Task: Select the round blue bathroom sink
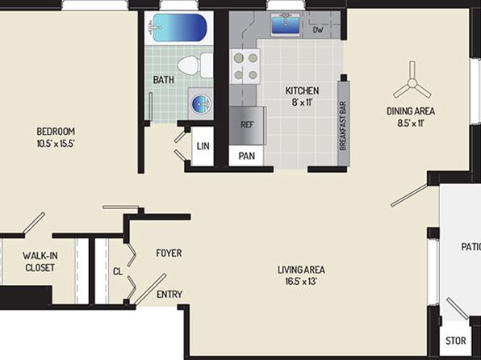tap(201, 103)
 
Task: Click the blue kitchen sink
tap(286, 24)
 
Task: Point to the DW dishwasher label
tap(318, 30)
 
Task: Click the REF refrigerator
tap(247, 125)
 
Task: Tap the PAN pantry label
tap(247, 156)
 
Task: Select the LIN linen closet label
tap(203, 146)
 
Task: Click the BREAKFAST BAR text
tap(343, 126)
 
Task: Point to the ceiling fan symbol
tap(412, 82)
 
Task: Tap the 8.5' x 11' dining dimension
tap(411, 123)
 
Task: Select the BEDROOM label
tap(56, 132)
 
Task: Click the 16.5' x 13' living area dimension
tap(301, 282)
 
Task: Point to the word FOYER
tap(169, 253)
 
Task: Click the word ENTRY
tap(169, 295)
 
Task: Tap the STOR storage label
tap(455, 341)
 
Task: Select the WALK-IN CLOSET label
tap(40, 262)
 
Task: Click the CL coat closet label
tap(118, 271)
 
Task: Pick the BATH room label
tap(164, 80)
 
